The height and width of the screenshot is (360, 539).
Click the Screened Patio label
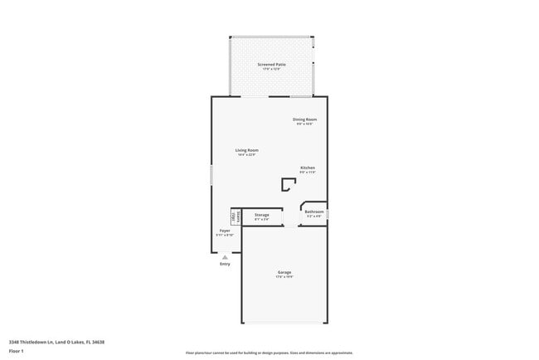271,64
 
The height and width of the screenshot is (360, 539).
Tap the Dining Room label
304,119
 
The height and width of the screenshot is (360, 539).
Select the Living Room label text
246,150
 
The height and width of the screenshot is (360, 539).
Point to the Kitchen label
308,168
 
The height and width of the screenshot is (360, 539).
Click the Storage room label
261,215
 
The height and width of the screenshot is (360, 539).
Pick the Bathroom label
314,212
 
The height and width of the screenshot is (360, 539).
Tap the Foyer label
225,231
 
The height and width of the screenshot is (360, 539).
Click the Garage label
284,272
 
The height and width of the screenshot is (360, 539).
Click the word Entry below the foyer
225,265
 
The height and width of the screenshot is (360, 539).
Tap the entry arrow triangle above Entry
225,257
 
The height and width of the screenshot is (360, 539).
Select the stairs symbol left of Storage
236,216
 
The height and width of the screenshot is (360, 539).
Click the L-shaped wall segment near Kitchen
289,185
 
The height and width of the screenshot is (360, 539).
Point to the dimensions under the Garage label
284,277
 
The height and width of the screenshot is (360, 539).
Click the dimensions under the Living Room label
246,155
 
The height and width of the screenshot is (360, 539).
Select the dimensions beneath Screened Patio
271,69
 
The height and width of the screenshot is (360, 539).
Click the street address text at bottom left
56,341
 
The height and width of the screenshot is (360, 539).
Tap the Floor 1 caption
17,352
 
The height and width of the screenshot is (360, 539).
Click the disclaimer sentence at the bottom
269,352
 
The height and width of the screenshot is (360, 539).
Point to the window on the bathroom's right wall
328,214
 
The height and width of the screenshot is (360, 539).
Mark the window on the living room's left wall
211,175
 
